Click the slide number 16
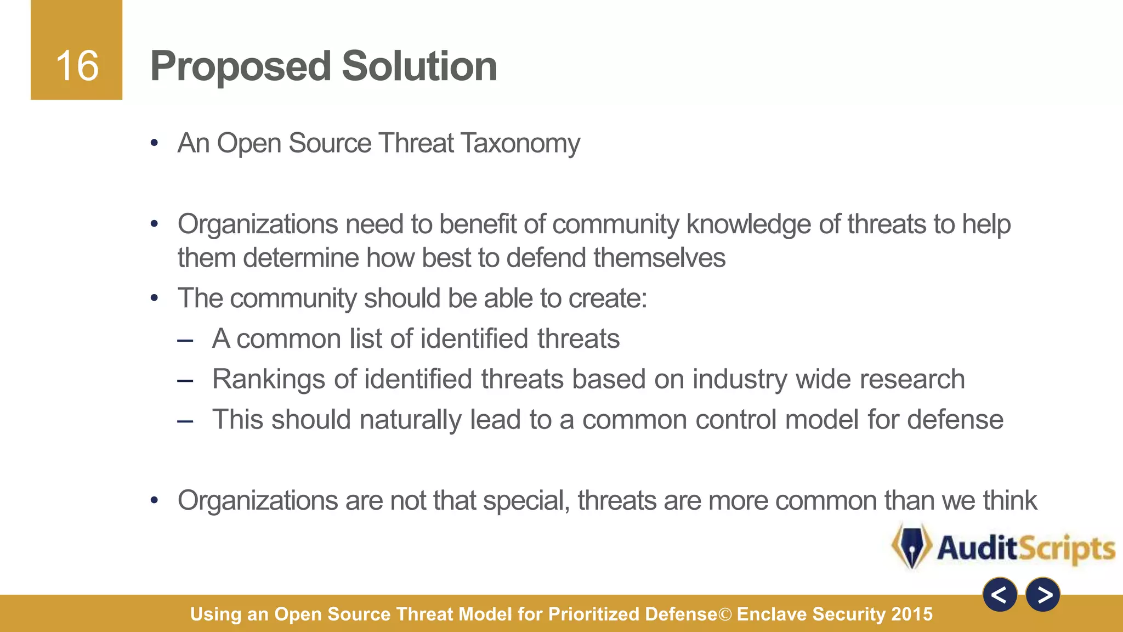(x=77, y=66)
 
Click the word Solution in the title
(x=419, y=66)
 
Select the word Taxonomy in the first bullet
(x=520, y=144)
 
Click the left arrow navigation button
(x=1000, y=595)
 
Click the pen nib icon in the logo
(x=911, y=546)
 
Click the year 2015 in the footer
(x=912, y=614)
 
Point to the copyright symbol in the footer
(x=725, y=614)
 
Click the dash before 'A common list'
(x=185, y=341)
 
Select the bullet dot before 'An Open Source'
(x=155, y=144)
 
